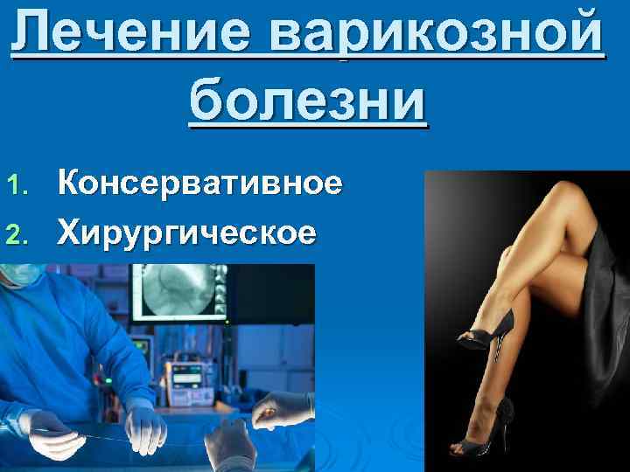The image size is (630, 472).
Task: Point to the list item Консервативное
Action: (199, 184)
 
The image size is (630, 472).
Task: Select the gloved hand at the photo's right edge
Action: (284, 406)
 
